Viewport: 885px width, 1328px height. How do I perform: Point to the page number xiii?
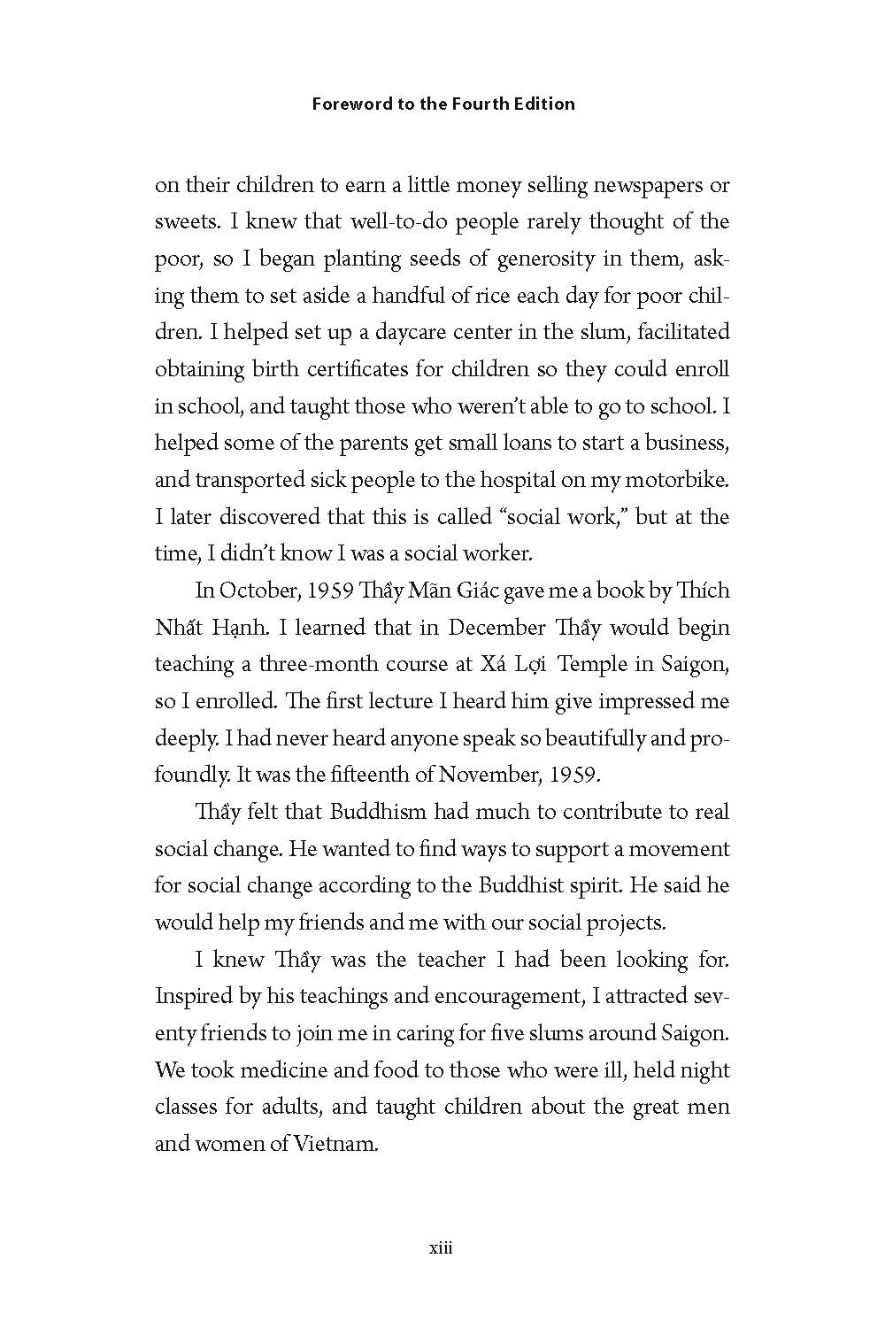[x=441, y=1248]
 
